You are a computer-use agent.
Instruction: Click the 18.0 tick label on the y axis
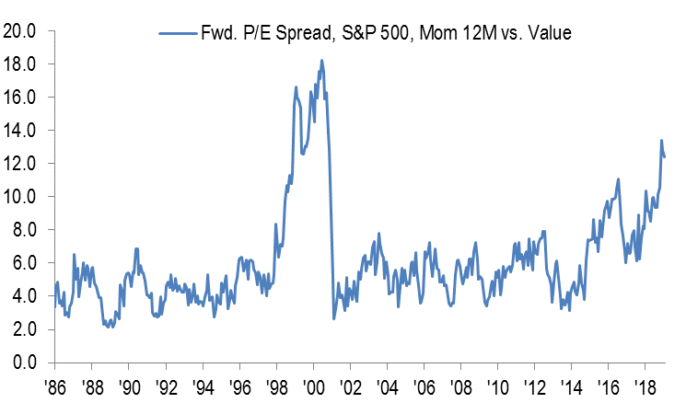(x=19, y=64)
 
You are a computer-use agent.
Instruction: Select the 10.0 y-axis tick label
(x=19, y=197)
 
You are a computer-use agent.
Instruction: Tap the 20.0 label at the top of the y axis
(x=19, y=31)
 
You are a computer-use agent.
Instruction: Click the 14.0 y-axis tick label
(x=19, y=131)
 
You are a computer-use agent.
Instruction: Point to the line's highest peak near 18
(x=321, y=61)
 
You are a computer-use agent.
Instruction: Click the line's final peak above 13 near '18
(x=661, y=141)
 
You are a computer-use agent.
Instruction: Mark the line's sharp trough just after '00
(x=333, y=318)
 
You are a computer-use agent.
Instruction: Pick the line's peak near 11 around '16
(x=618, y=179)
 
